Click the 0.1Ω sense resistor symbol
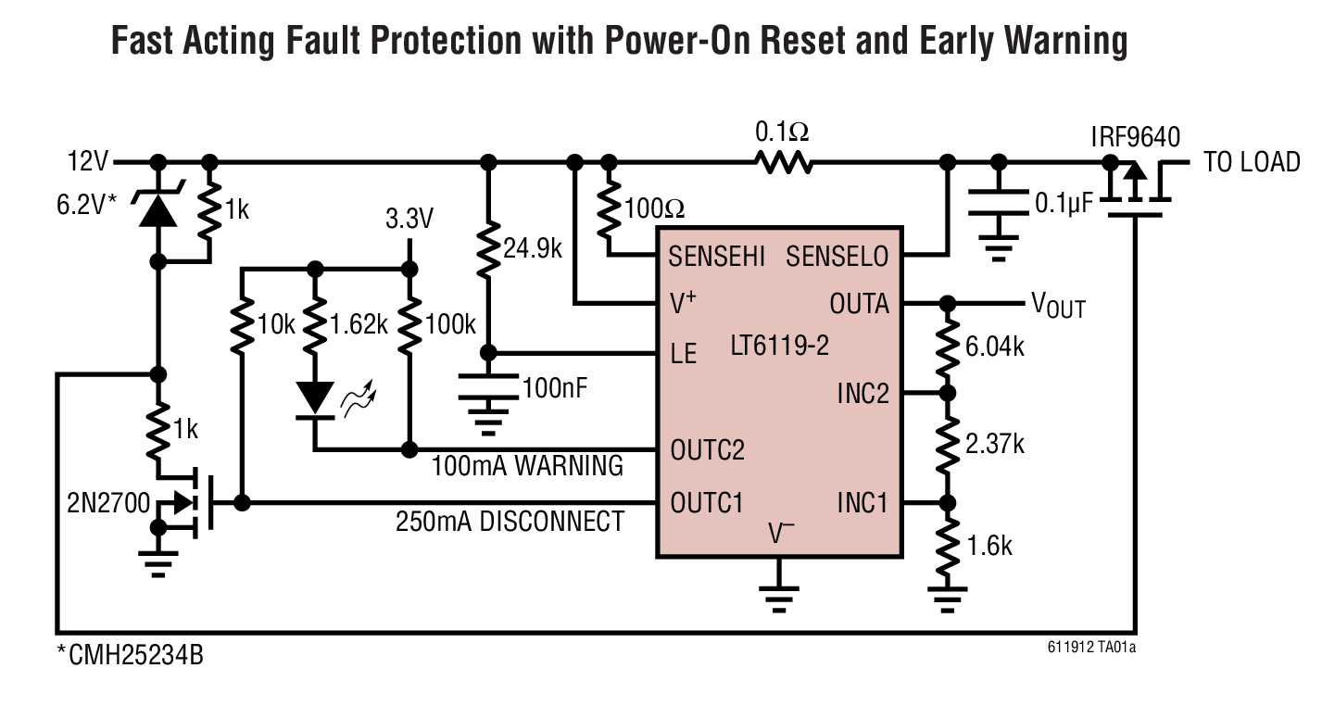pos(783,163)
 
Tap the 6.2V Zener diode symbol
pos(158,209)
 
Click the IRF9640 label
pos(1135,138)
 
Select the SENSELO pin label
pos(837,257)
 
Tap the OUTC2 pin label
pos(707,450)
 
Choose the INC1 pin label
pos(862,504)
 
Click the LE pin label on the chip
pos(683,354)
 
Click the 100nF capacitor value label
pos(555,387)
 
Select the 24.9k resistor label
pos(533,247)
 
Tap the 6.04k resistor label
pos(994,347)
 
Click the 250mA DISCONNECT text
pos(510,522)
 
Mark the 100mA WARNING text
pos(527,466)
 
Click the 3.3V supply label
pos(409,220)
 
